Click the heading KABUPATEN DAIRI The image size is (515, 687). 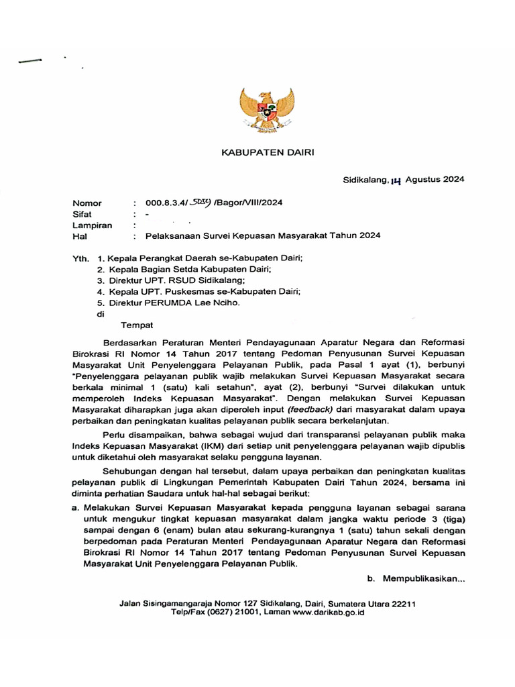click(x=268, y=153)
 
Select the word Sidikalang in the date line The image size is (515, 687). click(x=365, y=180)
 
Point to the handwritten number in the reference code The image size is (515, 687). click(x=200, y=203)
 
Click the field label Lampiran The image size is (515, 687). click(x=92, y=225)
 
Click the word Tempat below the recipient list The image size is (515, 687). click(x=137, y=325)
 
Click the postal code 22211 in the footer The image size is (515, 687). click(x=402, y=604)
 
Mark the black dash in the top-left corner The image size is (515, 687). click(x=30, y=61)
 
